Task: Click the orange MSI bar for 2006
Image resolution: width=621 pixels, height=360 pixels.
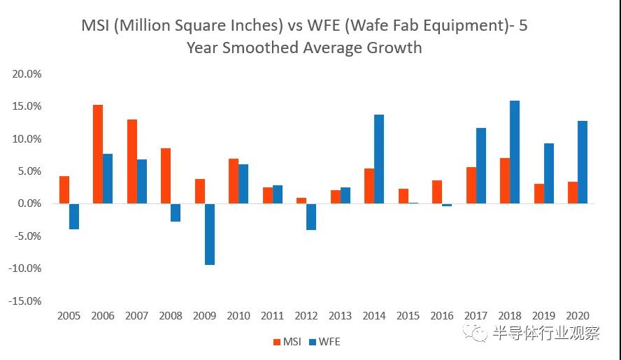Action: coord(98,154)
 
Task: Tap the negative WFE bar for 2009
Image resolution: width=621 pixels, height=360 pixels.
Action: coord(209,234)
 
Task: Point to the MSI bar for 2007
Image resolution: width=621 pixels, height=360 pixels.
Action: coord(132,161)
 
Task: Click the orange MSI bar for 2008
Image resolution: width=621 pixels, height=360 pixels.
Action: coord(166,175)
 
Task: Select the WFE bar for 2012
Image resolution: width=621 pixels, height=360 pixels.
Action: coord(311,217)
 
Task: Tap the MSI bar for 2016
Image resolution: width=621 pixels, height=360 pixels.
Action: coord(437,192)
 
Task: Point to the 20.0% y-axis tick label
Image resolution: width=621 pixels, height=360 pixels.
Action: coord(27,73)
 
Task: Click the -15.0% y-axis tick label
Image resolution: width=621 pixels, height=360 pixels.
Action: coord(25,301)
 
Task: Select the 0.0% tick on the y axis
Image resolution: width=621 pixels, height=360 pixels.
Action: coord(29,203)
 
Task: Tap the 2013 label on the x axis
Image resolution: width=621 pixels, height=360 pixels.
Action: coord(341,316)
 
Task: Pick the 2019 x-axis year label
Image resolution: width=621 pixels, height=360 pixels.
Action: coord(544,316)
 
